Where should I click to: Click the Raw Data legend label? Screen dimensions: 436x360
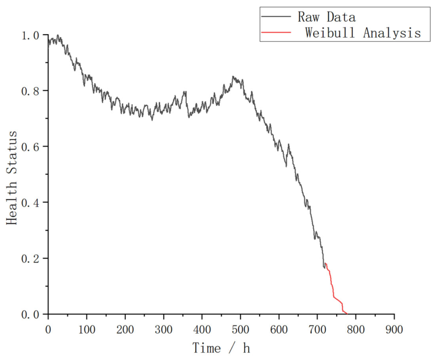tap(326, 17)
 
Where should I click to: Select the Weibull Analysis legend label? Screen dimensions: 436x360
tap(363, 33)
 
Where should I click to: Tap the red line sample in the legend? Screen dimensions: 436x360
tap(276, 33)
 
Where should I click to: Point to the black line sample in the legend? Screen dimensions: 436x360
tap(276, 17)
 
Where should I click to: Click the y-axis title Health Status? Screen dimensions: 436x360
tap(12, 178)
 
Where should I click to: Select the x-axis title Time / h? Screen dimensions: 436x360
tap(222, 348)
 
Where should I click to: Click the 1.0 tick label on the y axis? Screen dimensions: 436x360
tap(31, 35)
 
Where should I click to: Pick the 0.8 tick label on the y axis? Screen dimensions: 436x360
tap(31, 91)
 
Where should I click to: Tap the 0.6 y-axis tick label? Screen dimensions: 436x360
tap(31, 147)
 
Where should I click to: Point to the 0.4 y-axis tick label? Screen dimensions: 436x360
tap(31, 202)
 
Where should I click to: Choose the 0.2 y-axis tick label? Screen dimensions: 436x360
tap(31, 259)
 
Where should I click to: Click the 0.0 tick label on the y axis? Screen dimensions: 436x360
tap(31, 315)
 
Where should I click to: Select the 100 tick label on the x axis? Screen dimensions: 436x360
tap(87, 330)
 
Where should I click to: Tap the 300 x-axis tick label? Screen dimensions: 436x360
tap(164, 330)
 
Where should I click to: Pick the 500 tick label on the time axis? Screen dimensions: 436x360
tap(240, 330)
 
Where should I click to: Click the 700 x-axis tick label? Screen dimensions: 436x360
tap(317, 330)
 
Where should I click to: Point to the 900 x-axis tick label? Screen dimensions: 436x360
tap(394, 330)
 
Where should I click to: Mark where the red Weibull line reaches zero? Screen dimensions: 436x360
tap(347, 314)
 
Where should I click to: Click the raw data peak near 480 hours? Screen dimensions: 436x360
tap(233, 76)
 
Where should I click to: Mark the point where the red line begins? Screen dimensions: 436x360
tap(326, 263)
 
